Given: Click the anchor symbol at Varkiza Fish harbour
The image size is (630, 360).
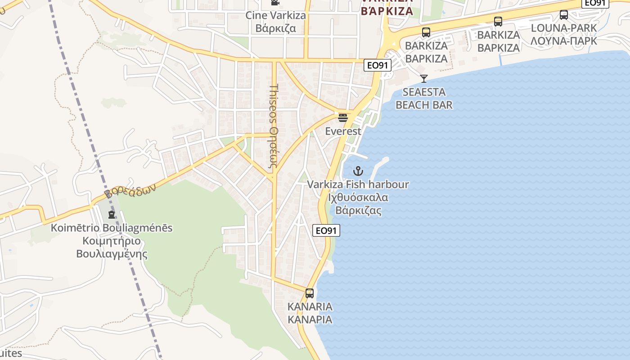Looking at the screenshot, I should [358, 171].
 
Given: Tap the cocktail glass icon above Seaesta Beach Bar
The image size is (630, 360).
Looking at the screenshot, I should [423, 79].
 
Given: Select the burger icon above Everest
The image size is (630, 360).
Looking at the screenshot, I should [343, 118].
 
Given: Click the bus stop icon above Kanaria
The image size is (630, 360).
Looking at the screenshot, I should [310, 293].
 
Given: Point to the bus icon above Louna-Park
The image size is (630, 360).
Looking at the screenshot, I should [564, 15].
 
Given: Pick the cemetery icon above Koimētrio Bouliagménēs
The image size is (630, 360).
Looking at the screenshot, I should [112, 215].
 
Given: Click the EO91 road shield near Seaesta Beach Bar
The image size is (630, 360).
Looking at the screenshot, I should [377, 65].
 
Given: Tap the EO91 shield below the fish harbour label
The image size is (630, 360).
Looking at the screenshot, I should [326, 231].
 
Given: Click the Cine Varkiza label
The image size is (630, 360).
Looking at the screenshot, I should [275, 15].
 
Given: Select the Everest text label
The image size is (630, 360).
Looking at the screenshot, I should [343, 131].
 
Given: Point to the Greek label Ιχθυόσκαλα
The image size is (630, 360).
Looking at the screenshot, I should [358, 198].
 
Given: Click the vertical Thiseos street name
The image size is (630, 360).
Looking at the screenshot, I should [274, 126].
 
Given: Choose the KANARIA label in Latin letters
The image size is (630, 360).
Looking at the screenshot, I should [310, 307].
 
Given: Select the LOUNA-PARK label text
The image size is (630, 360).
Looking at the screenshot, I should [564, 28].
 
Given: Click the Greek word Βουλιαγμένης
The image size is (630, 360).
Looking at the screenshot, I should [112, 254].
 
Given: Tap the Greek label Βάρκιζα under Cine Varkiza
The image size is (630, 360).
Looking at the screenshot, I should [275, 28].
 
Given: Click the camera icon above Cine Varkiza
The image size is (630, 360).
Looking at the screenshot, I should [275, 3].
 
